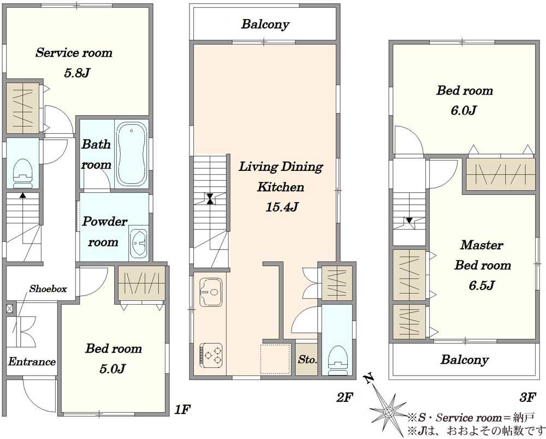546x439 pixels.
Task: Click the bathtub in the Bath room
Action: pos(131,155)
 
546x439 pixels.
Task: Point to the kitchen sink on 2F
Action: pos(211,292)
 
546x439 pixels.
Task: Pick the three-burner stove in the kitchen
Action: pos(211,355)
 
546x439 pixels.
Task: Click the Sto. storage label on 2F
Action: pos(307,359)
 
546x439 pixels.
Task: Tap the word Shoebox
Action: pos(48,289)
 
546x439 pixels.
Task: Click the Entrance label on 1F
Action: pos(32,361)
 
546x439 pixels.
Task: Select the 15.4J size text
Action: pos(282,207)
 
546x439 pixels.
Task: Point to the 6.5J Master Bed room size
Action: pos(482,286)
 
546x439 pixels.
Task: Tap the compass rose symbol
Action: pos(388,412)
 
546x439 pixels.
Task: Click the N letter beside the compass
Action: pos(369,378)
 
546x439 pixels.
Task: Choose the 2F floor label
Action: pos(345,397)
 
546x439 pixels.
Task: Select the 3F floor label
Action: pos(527,397)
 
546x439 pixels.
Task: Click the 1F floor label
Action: pos(182,410)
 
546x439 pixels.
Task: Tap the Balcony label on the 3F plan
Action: pos(464,360)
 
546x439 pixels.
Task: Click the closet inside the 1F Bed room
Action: pos(141,283)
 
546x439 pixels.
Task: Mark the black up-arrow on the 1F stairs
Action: pos(22,195)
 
